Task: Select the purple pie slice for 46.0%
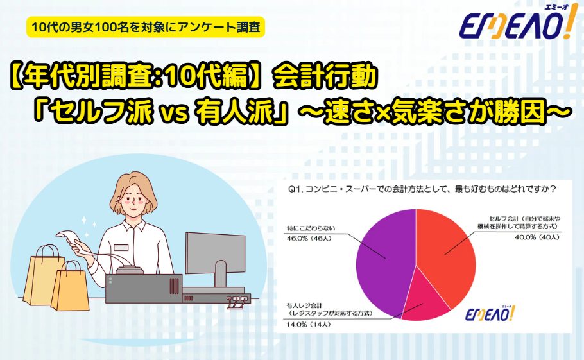pyautogui.click(x=384, y=261)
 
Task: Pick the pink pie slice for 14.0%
pyautogui.click(x=425, y=298)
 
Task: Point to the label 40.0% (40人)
pyautogui.click(x=537, y=237)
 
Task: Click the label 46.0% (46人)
pyautogui.click(x=309, y=238)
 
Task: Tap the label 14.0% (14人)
pyautogui.click(x=309, y=324)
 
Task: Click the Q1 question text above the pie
pyautogui.click(x=422, y=189)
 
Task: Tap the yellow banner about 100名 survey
pyautogui.click(x=146, y=27)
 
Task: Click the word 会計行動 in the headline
pyautogui.click(x=323, y=78)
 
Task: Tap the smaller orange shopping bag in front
pyautogui.click(x=70, y=286)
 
